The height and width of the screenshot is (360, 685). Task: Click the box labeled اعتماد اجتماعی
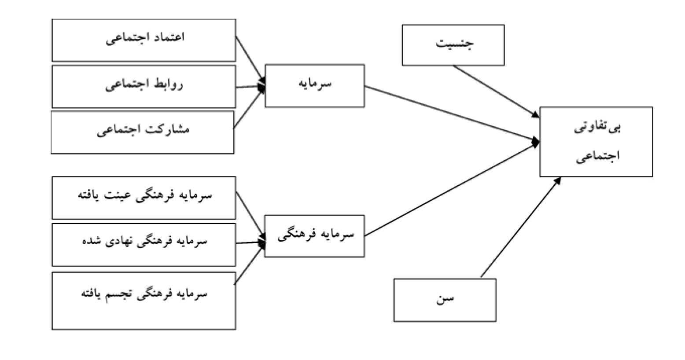coord(144,40)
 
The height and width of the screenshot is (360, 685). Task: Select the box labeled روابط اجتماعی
coord(144,86)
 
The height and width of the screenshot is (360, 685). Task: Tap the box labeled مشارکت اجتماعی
coord(143,132)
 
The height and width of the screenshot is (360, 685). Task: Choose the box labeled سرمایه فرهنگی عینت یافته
coord(144,198)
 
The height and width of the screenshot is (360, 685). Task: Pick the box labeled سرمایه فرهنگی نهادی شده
coord(144,244)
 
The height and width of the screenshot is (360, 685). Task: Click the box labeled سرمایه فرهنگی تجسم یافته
coord(144,300)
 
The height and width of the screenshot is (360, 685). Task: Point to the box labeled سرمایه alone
coord(314,86)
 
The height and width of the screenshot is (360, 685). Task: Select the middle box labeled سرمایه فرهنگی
coord(314,236)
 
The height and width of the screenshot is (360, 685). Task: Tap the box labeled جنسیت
coord(453,45)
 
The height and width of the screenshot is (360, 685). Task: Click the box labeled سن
coord(445,300)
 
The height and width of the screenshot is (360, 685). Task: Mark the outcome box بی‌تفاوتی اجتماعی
coord(596,142)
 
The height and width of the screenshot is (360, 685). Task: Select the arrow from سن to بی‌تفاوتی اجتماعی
coord(520,227)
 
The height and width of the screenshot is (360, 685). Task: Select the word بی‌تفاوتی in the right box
coord(597,129)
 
